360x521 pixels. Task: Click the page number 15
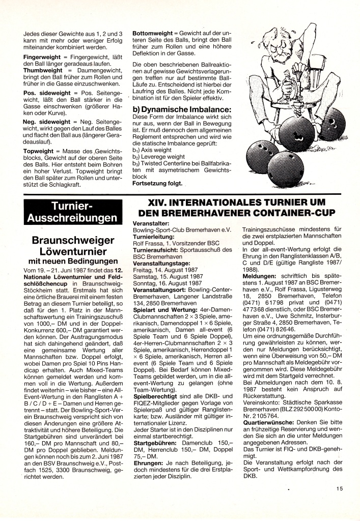point(340,489)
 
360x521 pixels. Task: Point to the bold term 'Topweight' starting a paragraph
point(40,152)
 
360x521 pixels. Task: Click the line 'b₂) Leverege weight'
point(159,157)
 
